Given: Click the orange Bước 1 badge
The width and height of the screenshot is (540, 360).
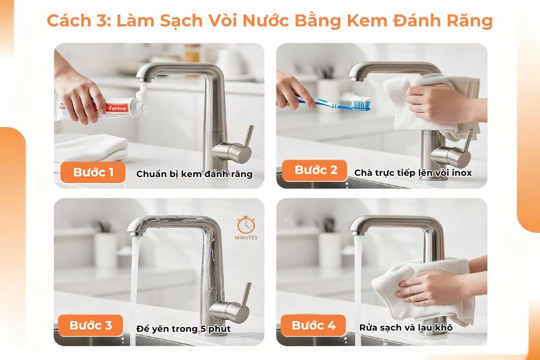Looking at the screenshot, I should (93, 173).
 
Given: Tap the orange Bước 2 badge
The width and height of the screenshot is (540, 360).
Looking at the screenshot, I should (316, 170).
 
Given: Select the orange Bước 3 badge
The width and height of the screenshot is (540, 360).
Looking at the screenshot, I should (91, 326).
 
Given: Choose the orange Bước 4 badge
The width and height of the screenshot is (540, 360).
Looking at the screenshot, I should (313, 326).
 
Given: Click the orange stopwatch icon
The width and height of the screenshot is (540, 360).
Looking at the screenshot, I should (245, 225).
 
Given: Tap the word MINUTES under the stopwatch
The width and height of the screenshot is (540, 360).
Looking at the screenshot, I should (246, 238).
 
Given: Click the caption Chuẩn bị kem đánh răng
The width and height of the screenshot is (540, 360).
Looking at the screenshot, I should (194, 174).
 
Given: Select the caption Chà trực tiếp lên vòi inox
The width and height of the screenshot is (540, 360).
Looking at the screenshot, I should (413, 173).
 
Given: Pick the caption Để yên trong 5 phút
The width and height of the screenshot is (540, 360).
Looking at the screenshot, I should (184, 328).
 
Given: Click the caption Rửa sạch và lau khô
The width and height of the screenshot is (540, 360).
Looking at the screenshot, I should (406, 328).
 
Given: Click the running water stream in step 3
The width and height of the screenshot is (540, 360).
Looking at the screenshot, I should (134, 282).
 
